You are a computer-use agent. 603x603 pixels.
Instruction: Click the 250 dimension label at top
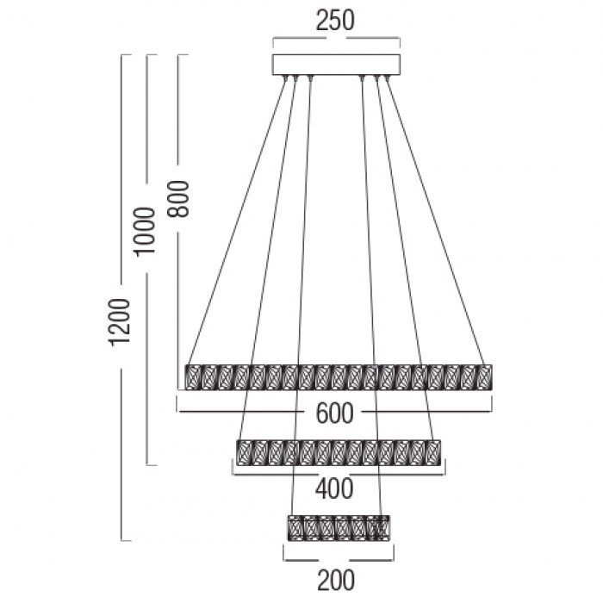[335, 21]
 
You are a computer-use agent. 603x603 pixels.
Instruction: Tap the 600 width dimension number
[334, 413]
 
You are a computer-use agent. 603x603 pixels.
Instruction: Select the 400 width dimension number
[334, 489]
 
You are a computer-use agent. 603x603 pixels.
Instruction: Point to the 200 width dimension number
[336, 581]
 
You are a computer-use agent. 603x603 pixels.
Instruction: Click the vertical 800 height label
[178, 199]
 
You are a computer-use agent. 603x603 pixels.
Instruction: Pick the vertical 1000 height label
[144, 231]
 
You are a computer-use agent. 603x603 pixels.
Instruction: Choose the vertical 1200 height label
[119, 322]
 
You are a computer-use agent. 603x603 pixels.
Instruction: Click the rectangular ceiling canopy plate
[337, 65]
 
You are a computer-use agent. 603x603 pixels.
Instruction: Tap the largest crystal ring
[339, 377]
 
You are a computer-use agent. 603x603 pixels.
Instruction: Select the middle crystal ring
[339, 452]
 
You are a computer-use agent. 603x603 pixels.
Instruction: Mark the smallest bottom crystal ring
[339, 527]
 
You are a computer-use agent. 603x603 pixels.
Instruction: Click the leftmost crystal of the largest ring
[193, 377]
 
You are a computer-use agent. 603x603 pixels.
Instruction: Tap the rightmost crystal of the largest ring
[484, 377]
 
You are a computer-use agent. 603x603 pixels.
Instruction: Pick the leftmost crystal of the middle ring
[244, 452]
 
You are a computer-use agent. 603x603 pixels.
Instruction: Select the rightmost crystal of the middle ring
[433, 452]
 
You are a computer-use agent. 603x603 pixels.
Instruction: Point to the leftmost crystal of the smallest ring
[295, 527]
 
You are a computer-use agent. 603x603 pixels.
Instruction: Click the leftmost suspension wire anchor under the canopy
[286, 78]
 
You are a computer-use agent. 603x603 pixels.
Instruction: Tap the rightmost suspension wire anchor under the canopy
[388, 78]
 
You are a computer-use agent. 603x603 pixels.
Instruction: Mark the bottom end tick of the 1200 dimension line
[126, 541]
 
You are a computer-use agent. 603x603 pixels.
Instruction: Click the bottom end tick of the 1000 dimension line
[152, 465]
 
